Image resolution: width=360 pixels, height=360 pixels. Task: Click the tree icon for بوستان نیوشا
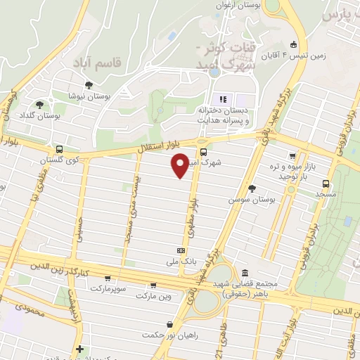click(x=89, y=86)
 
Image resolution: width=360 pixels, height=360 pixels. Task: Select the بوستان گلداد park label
click(x=40, y=114)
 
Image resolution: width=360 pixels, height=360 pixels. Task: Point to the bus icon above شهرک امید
click(x=203, y=152)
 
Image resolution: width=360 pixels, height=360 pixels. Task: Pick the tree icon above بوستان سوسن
click(x=252, y=188)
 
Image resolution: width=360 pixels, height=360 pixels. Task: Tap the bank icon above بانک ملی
click(x=181, y=250)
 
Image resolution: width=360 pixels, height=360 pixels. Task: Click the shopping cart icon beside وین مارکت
click(x=153, y=285)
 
